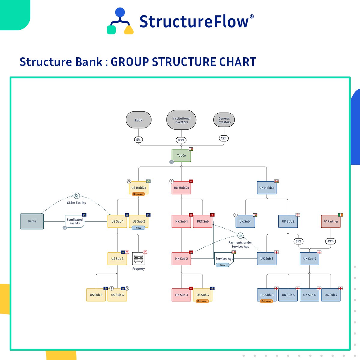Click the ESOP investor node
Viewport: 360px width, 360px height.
click(x=139, y=120)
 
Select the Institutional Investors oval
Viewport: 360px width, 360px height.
click(x=181, y=120)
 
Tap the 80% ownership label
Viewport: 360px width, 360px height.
click(x=181, y=140)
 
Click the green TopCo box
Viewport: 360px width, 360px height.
click(x=181, y=155)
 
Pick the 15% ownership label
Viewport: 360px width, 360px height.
click(x=224, y=138)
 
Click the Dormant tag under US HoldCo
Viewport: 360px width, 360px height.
click(x=138, y=194)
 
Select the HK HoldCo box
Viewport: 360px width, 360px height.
click(x=181, y=188)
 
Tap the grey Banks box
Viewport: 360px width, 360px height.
click(x=32, y=221)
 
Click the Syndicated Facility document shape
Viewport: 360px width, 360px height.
click(x=75, y=221)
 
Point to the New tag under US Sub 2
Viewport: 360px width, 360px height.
click(x=138, y=228)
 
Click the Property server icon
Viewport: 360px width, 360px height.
click(x=139, y=259)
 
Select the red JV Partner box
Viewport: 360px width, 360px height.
click(x=331, y=221)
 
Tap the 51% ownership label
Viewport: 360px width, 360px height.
click(x=298, y=241)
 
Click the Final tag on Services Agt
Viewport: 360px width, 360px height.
click(x=223, y=265)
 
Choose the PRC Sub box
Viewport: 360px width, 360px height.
click(x=203, y=221)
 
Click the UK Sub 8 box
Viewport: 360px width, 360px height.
click(x=267, y=295)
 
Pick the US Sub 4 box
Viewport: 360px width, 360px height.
click(x=203, y=295)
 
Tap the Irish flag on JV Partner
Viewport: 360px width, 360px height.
click(x=340, y=215)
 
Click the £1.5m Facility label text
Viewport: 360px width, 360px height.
click(x=76, y=203)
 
